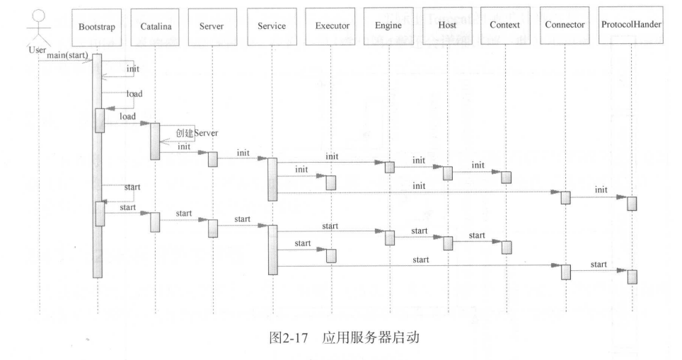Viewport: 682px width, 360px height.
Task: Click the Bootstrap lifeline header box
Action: click(97, 26)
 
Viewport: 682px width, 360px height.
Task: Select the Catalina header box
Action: click(155, 26)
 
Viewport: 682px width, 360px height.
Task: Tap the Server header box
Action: click(212, 26)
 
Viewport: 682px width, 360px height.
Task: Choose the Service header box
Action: click(272, 26)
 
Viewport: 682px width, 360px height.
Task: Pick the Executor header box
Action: click(331, 26)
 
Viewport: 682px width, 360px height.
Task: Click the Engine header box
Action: click(388, 26)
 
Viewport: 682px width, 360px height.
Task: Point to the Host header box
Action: click(447, 26)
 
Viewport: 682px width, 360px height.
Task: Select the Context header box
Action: click(505, 26)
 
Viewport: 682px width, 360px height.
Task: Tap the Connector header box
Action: click(565, 26)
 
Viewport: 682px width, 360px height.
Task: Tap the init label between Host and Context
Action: click(478, 166)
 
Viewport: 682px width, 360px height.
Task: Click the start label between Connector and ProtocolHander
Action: click(599, 264)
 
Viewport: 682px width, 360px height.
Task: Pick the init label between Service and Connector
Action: click(419, 186)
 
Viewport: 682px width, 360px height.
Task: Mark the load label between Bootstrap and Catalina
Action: click(128, 116)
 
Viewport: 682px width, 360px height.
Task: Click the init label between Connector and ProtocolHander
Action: click(601, 190)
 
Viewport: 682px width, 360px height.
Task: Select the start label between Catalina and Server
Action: click(184, 213)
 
